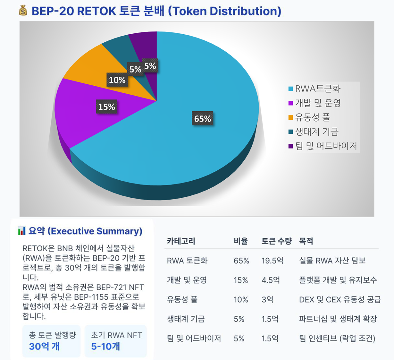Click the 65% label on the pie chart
pos(203,119)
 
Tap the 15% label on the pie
pos(106,107)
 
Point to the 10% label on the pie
pos(117,80)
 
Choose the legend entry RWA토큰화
pos(317,89)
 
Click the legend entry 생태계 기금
pos(316,132)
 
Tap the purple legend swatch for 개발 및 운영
pos(291,103)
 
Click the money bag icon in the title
pos(23,11)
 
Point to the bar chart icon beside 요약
pos(21,231)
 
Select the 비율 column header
pos(241,241)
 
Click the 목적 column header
pos(306,241)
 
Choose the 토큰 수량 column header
pos(276,241)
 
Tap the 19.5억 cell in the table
pos(272,261)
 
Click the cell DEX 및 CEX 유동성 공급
pos(340,300)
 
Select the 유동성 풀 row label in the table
pos(182,300)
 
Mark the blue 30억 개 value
pos(44,347)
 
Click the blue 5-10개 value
pos(105,347)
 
